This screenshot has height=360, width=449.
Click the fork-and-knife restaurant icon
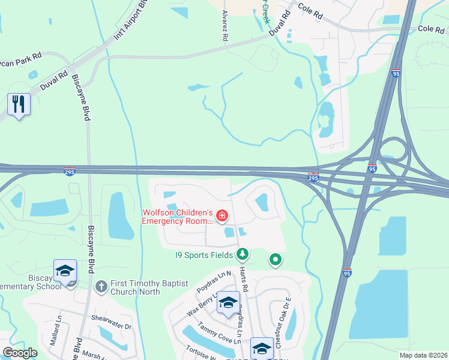click(19, 104)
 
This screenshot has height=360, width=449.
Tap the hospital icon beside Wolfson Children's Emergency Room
click(222, 215)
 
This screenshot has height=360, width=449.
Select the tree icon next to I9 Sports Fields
click(242, 255)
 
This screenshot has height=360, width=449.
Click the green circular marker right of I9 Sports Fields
click(276, 260)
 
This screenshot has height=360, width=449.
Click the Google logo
click(20, 353)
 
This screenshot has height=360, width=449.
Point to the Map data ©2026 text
click(423, 355)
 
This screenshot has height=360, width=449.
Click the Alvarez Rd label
click(225, 25)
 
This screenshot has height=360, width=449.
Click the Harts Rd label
click(244, 280)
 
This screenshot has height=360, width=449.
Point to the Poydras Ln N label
click(214, 281)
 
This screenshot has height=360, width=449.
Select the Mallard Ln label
click(58, 334)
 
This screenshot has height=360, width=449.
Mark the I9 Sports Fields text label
click(204, 255)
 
